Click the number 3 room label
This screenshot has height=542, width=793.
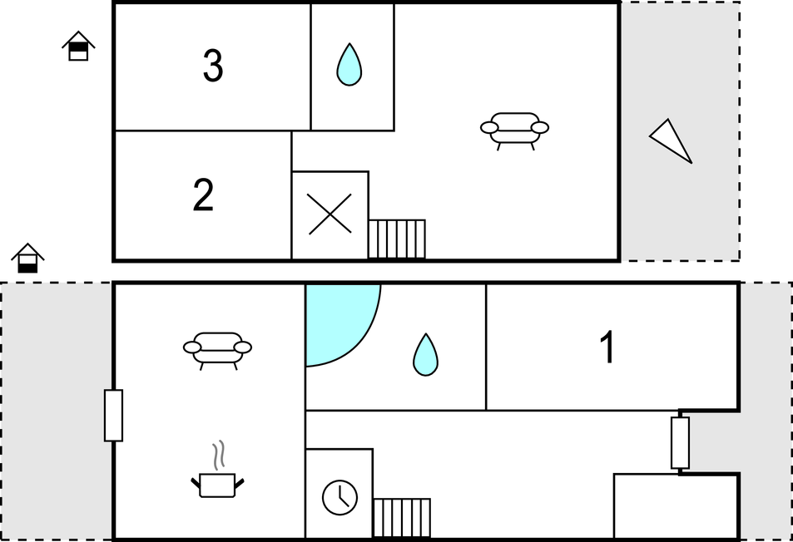pyautogui.click(x=213, y=66)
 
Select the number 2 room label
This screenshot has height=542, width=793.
pyautogui.click(x=203, y=195)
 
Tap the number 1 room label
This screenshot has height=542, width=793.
pyautogui.click(x=607, y=347)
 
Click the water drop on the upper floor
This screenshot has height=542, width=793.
pyautogui.click(x=349, y=65)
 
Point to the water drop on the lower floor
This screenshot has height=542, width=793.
pyautogui.click(x=425, y=355)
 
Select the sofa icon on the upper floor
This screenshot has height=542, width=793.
pyautogui.click(x=514, y=131)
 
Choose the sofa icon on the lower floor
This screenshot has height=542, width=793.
pyautogui.click(x=217, y=351)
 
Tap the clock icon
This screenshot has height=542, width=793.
pyautogui.click(x=340, y=498)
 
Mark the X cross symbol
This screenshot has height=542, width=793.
pyautogui.click(x=330, y=214)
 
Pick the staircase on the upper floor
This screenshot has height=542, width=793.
pyautogui.click(x=397, y=239)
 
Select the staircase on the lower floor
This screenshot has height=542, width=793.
pyautogui.click(x=402, y=518)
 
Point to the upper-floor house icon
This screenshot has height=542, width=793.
pyautogui.click(x=78, y=46)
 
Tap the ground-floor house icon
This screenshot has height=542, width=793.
pyautogui.click(x=27, y=259)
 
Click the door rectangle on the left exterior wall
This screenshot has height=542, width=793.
pyautogui.click(x=113, y=416)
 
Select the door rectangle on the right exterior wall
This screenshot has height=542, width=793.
pyautogui.click(x=680, y=443)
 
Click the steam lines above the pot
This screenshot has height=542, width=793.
pyautogui.click(x=219, y=455)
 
